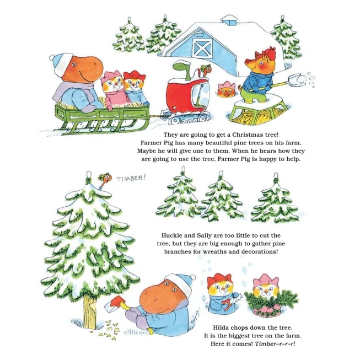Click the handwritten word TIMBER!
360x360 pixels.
point(131,178)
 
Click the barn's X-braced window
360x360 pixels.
point(202,48)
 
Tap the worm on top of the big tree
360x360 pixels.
point(104,180)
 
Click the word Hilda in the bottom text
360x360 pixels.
point(221,327)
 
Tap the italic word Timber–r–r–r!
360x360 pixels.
point(275,343)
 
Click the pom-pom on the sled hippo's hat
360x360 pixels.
point(52,57)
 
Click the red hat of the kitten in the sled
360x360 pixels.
point(134,76)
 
